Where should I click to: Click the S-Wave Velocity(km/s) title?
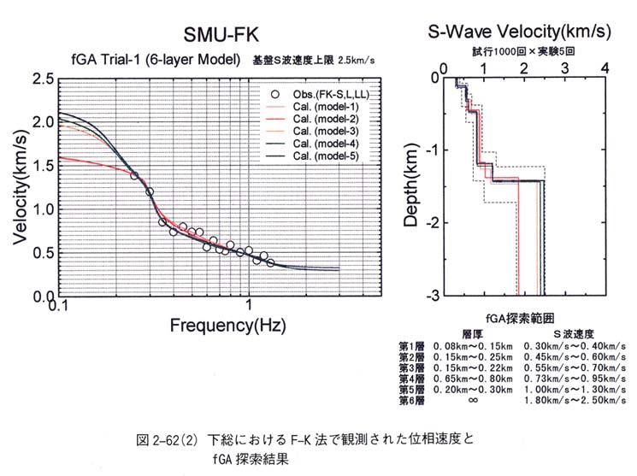(519, 32)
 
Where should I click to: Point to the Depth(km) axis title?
(413, 185)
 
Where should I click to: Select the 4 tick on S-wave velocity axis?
(605, 66)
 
